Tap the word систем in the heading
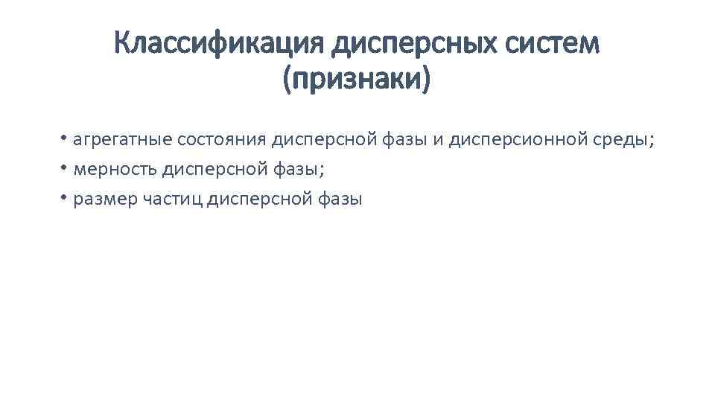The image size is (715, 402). (x=551, y=45)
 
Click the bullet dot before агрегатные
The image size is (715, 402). (x=66, y=138)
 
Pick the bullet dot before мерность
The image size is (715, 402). (x=66, y=167)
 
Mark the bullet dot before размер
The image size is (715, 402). (x=66, y=197)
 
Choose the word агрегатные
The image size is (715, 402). (x=123, y=140)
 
